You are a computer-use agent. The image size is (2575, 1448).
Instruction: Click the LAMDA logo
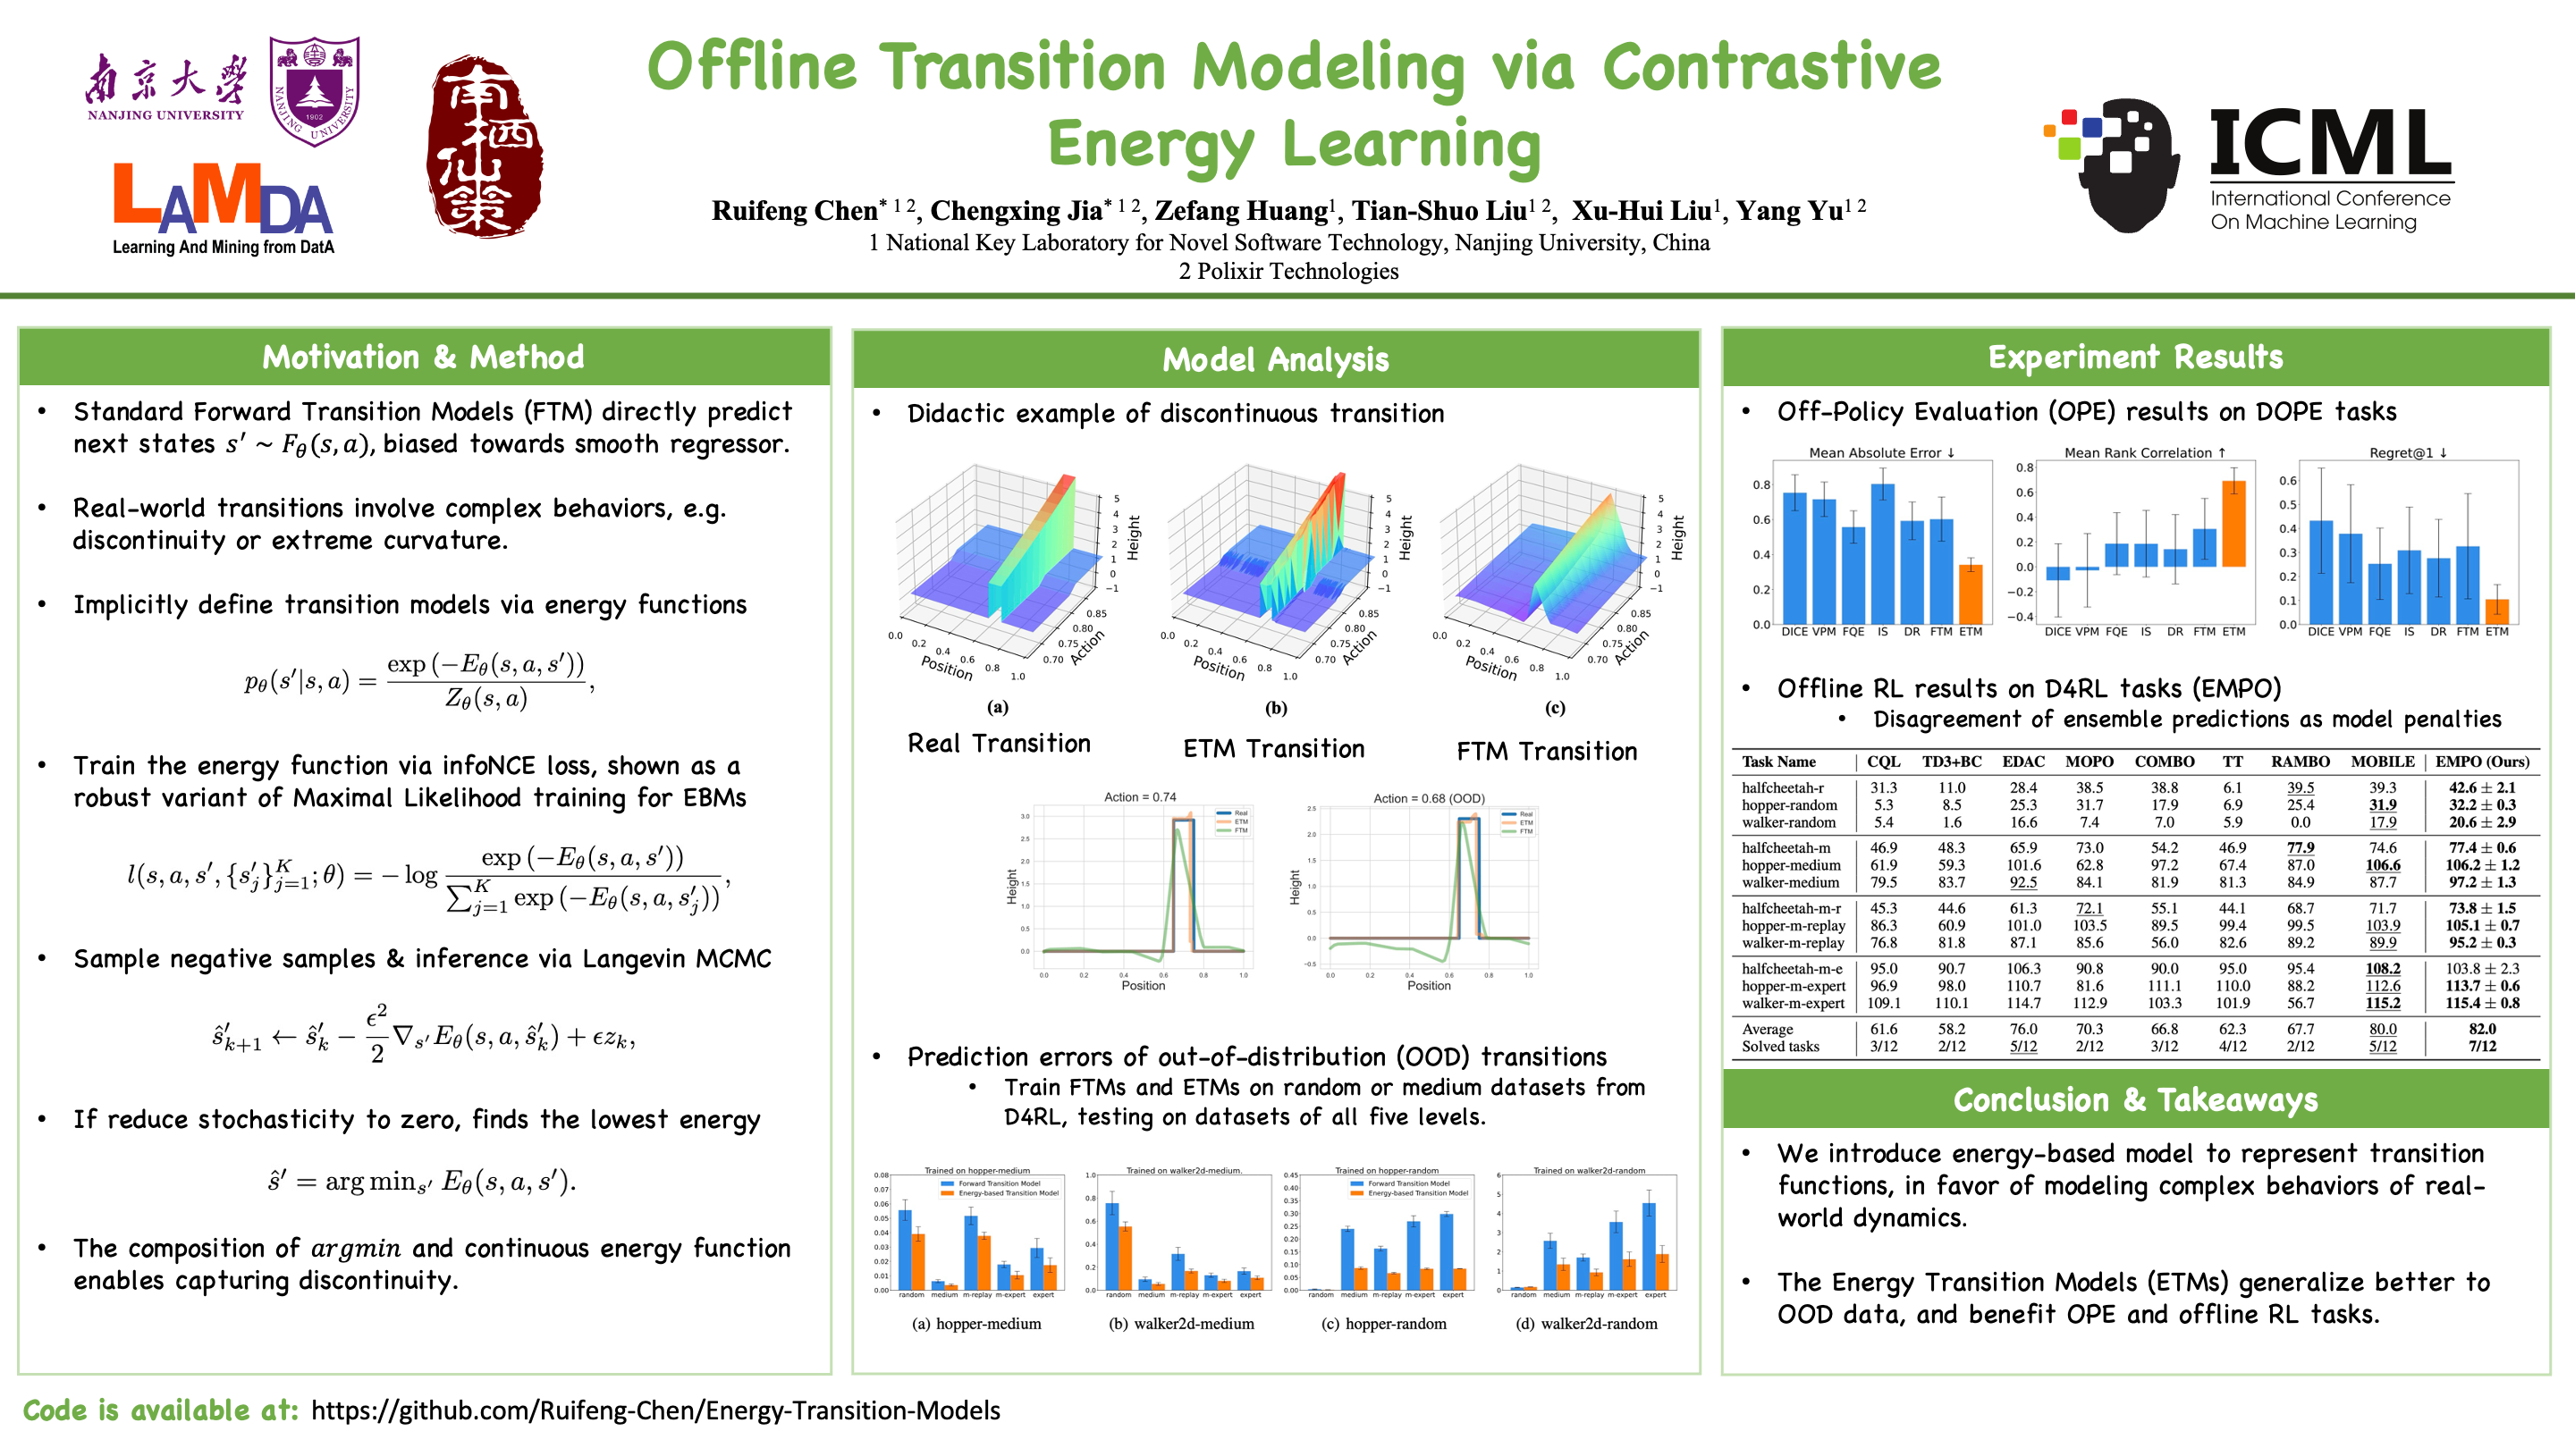223,208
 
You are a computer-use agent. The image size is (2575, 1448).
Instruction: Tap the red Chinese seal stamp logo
485,146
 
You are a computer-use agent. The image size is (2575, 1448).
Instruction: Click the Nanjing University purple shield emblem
315,91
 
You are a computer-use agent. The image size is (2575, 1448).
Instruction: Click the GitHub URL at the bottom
654,1410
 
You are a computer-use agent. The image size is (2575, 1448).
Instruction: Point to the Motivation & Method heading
423,357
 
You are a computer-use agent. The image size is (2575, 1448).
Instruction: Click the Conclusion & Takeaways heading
2135,1099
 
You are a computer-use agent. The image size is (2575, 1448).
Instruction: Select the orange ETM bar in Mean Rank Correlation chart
2233,524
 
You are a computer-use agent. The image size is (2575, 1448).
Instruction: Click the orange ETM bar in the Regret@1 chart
2496,611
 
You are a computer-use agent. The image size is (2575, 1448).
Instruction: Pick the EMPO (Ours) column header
2482,762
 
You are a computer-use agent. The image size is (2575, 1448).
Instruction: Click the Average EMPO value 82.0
2482,1030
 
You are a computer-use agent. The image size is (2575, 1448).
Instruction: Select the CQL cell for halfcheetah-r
1883,787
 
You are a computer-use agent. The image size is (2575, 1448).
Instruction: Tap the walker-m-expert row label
1793,1003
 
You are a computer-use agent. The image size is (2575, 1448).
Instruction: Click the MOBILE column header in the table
2382,762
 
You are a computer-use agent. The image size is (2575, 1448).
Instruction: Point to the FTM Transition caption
1547,752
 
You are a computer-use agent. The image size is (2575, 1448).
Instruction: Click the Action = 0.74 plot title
1140,797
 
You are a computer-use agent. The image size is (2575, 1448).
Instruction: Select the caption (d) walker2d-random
1585,1324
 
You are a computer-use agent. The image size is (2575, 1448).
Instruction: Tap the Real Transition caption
999,744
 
